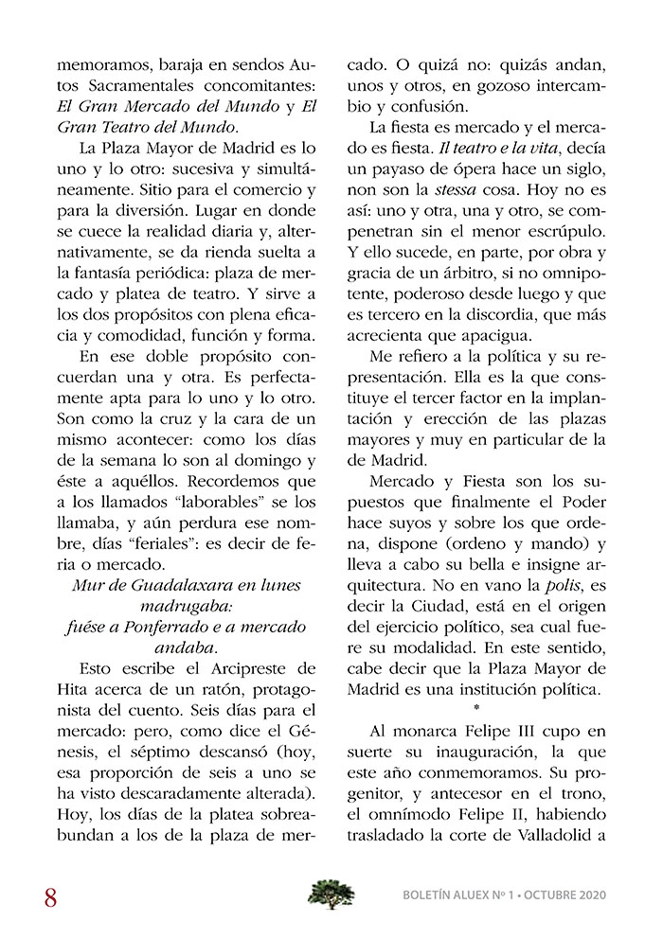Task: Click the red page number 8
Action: click(x=50, y=896)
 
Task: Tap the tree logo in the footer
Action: click(x=331, y=893)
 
